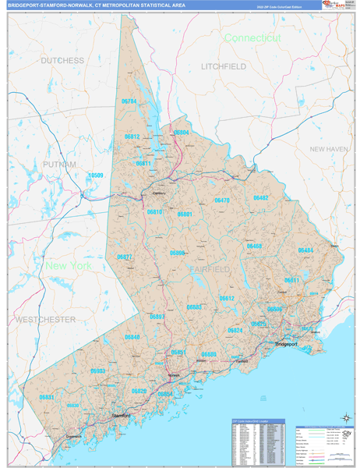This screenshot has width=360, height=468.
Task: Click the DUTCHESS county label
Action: pos(62,60)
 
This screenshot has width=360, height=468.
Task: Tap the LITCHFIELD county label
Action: pos(223,67)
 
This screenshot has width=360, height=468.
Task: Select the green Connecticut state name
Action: pos(252,37)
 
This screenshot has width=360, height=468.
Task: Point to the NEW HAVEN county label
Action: pos(328,149)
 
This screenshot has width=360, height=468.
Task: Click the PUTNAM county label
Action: pos(60,165)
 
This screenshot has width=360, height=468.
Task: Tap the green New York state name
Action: pos(69,266)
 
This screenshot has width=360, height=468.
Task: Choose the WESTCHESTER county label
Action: pos(44,320)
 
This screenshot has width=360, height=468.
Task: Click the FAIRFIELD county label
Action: pos(208,269)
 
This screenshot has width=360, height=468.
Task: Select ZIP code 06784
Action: pos(129,101)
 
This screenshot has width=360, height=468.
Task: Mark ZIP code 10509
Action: pos(96,175)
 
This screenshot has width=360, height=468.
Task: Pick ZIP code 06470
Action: pos(222,200)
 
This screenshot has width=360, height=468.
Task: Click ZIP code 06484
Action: pos(305,250)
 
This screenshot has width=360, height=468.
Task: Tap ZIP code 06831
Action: pos(48,397)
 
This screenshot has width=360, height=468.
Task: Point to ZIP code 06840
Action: pos(132,337)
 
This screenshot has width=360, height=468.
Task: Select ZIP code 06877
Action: pos(124,257)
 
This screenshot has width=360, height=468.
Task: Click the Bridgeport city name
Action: pos(286,344)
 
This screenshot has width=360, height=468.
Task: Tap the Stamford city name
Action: pos(120,417)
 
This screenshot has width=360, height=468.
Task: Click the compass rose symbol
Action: pos(344,418)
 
